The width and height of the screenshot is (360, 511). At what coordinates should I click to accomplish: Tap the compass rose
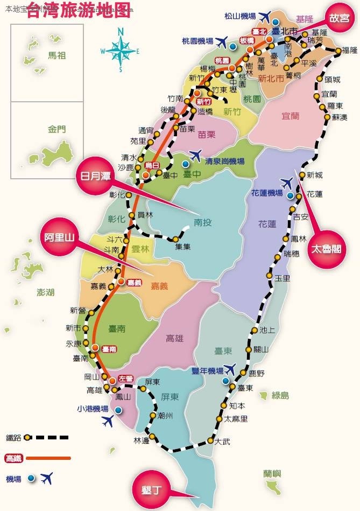(x=120, y=50)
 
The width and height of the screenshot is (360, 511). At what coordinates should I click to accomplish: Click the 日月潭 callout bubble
(x=95, y=177)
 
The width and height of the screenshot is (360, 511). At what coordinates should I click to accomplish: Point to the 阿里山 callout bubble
(x=59, y=237)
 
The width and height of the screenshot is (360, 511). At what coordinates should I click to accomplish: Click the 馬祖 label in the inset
(x=59, y=55)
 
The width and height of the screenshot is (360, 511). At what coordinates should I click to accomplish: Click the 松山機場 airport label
(x=240, y=16)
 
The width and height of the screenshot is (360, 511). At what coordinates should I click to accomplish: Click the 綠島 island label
(x=280, y=396)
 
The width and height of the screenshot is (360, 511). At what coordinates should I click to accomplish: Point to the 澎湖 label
(x=46, y=292)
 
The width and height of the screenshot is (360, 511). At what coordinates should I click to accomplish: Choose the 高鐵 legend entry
(x=13, y=458)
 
